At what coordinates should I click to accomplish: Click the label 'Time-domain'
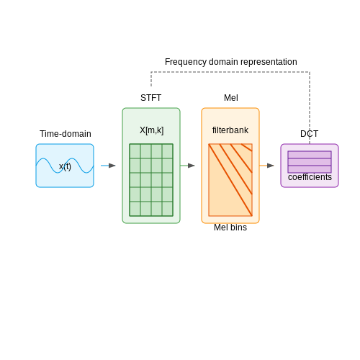[x=66, y=134]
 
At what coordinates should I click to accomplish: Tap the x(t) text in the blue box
[x=65, y=166]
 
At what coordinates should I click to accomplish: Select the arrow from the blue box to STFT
[x=108, y=166]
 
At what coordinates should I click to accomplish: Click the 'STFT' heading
[x=151, y=98]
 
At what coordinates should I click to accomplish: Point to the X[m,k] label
[x=152, y=130]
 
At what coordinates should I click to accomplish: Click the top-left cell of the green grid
[x=135, y=151]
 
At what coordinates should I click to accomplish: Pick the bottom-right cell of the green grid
[x=167, y=209]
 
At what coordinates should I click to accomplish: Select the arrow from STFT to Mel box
[x=187, y=166]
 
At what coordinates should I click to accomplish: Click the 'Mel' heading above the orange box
[x=231, y=98]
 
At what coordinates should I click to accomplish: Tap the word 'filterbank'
[x=230, y=130]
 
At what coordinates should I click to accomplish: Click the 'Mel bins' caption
[x=230, y=228]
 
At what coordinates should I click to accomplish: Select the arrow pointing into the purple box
[x=266, y=166]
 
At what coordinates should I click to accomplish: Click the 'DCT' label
[x=310, y=134]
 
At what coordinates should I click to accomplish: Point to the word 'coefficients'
[x=310, y=177]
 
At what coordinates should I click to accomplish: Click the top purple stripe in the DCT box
[x=310, y=155]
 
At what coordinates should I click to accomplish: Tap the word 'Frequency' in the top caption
[x=186, y=62]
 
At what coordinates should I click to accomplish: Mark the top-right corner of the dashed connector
[x=310, y=72]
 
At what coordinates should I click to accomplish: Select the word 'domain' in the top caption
[x=223, y=62]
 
